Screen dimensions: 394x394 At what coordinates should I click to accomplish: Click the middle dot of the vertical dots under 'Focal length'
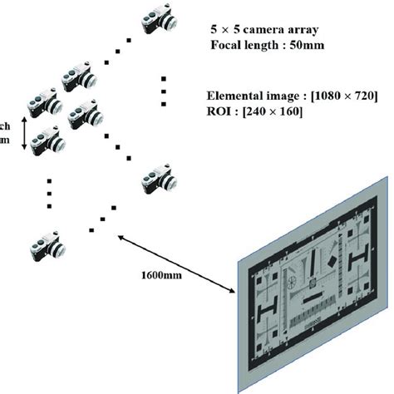click(x=165, y=90)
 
